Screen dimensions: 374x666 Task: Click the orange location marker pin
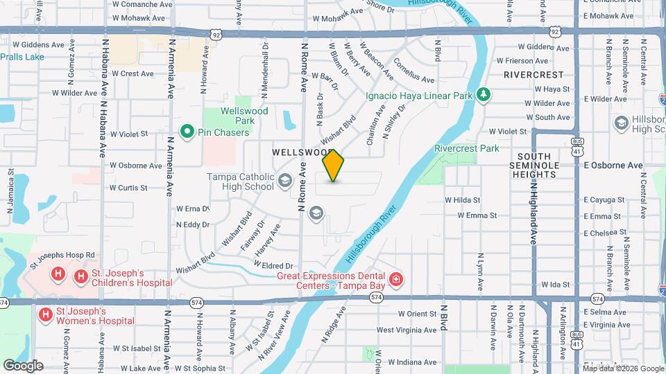coord(334,165)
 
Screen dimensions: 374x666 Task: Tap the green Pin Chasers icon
coord(186,130)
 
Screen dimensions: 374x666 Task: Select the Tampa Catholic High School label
coord(241,181)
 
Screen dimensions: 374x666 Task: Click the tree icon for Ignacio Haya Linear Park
coord(484,94)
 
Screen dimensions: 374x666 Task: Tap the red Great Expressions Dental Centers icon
coord(396,280)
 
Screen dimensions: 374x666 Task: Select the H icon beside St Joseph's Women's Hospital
coord(46,315)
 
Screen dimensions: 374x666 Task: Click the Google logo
coord(23,365)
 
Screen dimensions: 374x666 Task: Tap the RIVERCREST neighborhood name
coord(533,74)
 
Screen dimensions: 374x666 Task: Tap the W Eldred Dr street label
coord(273,265)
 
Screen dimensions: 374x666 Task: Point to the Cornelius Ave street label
coord(413,70)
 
